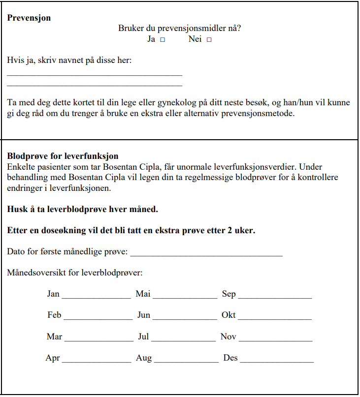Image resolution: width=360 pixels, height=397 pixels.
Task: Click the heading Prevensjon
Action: coord(29,18)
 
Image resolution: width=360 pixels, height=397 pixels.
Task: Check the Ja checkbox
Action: coord(163,39)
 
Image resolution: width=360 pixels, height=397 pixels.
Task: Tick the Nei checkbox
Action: coord(209,39)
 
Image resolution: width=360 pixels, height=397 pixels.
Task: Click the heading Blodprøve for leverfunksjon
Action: coord(63,156)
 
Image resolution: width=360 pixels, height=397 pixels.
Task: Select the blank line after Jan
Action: coord(96,297)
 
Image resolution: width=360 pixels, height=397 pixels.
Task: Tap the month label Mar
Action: coord(54,336)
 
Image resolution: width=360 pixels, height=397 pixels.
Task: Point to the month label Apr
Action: coord(53,358)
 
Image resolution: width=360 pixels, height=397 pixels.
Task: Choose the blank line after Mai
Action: coord(185,297)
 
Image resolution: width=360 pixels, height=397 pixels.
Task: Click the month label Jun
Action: coord(144,315)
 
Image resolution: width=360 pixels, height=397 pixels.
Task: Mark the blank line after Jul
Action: coord(183,340)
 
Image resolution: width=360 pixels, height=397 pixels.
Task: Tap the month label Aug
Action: coord(144,358)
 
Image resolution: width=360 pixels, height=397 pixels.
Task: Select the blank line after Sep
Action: coord(275,297)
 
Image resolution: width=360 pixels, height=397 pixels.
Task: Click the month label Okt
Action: coord(229,315)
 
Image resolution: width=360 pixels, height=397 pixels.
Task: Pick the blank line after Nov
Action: coord(275,340)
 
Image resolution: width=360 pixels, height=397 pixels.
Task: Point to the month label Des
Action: coord(230,358)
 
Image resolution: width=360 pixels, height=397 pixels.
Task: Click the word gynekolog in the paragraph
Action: coord(185,103)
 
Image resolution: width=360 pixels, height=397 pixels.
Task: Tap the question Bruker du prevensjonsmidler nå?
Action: coord(180,29)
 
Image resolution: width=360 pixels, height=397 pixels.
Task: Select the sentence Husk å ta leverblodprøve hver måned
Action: coord(83,209)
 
